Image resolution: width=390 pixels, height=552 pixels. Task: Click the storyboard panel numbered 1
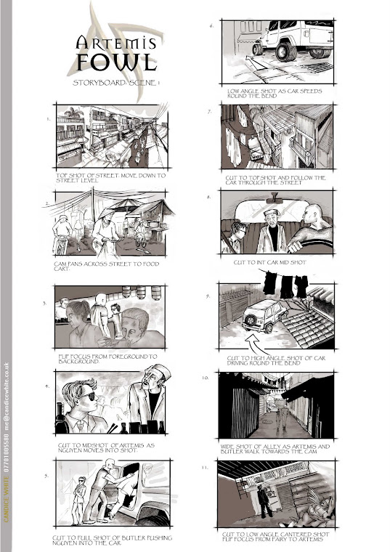(111, 137)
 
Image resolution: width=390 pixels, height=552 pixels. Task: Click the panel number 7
(209, 112)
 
